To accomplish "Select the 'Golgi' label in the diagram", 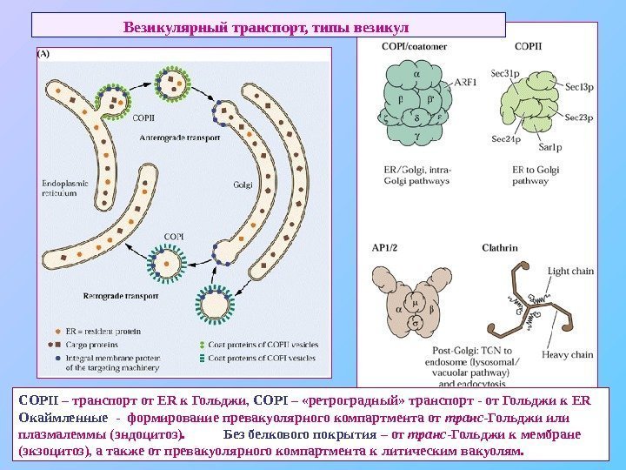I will point(243,185).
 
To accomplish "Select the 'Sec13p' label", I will point(579,85).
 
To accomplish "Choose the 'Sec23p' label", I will point(579,117).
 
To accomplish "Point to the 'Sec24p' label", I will point(506,139).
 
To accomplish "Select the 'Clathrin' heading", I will point(500,248).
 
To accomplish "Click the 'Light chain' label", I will point(570,272).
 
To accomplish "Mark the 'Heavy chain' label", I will point(569,354).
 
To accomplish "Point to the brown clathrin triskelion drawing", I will point(531,305).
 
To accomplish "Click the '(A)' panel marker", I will point(43,52).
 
